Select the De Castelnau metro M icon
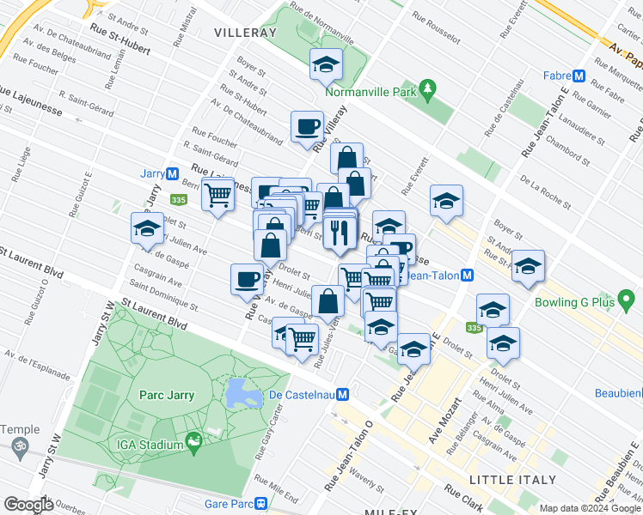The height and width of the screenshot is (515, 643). [x=343, y=394]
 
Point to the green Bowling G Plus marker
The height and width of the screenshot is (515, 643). [x=627, y=300]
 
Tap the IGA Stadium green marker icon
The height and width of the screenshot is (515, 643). [x=194, y=443]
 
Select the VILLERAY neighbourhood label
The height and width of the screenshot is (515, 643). [x=245, y=32]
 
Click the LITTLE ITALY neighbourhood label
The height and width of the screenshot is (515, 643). [x=512, y=479]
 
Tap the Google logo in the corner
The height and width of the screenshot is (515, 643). [x=28, y=505]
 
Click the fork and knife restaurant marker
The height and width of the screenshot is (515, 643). [x=340, y=232]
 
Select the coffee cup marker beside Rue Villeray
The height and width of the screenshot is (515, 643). [x=307, y=128]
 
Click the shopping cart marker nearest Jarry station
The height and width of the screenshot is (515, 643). [x=217, y=194]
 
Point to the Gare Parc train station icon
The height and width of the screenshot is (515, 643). [x=260, y=505]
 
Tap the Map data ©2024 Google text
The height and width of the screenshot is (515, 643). [x=589, y=508]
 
